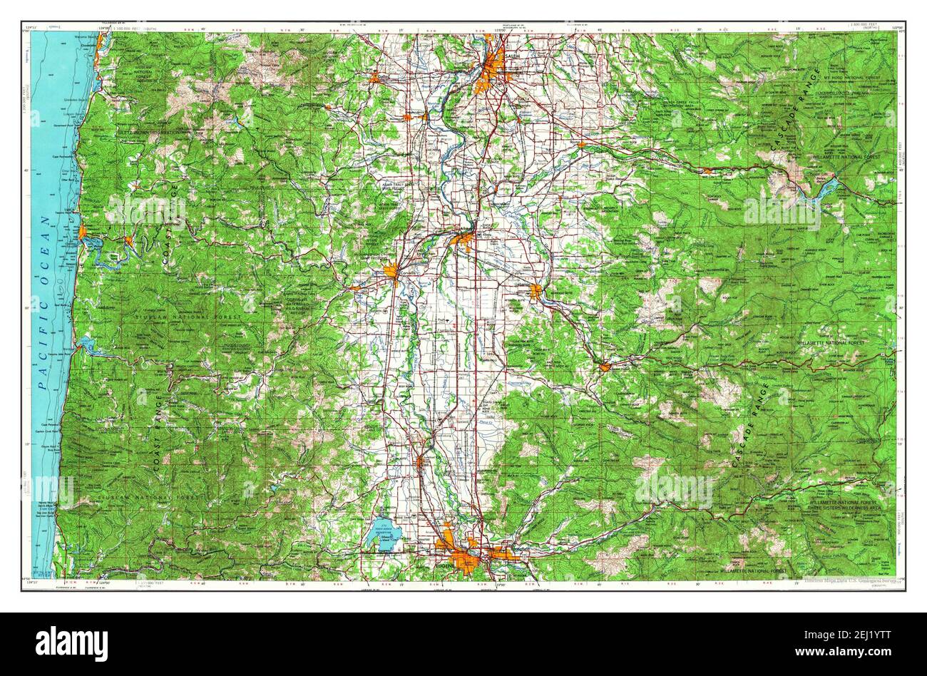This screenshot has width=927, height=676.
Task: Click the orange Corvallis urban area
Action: tap(391, 272)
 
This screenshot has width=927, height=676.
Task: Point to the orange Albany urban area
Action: tap(463, 238)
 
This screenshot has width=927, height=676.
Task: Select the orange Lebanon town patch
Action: tap(536, 290)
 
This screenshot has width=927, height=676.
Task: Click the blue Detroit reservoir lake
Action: tap(827, 189)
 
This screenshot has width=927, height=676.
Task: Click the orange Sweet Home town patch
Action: tap(605, 367)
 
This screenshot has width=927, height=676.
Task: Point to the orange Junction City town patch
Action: tap(421, 461)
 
